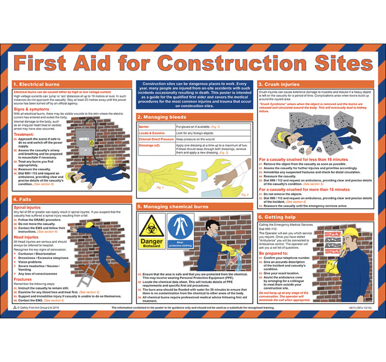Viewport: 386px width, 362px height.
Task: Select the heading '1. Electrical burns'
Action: point(34,84)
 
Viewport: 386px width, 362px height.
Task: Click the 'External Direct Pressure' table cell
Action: point(156,139)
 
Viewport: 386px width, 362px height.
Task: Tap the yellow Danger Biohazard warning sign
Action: point(152,231)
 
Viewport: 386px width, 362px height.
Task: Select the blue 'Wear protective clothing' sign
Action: point(179,231)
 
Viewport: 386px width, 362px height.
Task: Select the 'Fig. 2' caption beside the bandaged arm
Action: point(245,195)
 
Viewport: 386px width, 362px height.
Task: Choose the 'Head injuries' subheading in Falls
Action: point(28,237)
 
